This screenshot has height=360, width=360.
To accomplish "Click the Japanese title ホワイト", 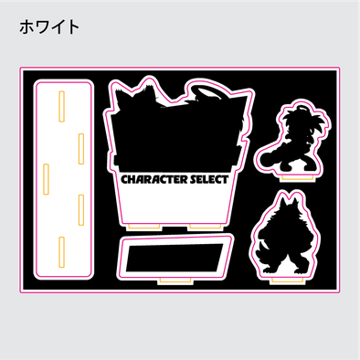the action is [x=49, y=27].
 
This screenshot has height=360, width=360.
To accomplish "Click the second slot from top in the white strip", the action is [x=81, y=143].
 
